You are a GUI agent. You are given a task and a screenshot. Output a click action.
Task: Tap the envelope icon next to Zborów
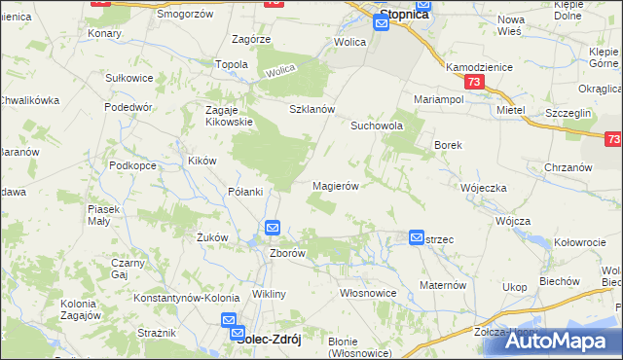(x=273, y=229)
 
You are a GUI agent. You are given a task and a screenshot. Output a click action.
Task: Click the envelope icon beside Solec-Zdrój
(x=229, y=320)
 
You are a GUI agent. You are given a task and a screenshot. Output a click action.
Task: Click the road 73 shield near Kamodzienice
(x=473, y=84)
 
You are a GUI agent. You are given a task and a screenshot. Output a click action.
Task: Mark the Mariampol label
(x=438, y=100)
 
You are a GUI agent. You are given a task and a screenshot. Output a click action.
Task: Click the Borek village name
(x=447, y=145)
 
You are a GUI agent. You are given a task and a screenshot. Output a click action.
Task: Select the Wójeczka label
(x=484, y=188)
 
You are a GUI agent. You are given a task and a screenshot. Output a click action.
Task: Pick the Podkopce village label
(x=133, y=165)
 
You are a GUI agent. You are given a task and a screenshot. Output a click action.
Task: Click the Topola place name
(x=232, y=64)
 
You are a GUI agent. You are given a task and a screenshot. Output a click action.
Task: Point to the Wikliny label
(x=269, y=294)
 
